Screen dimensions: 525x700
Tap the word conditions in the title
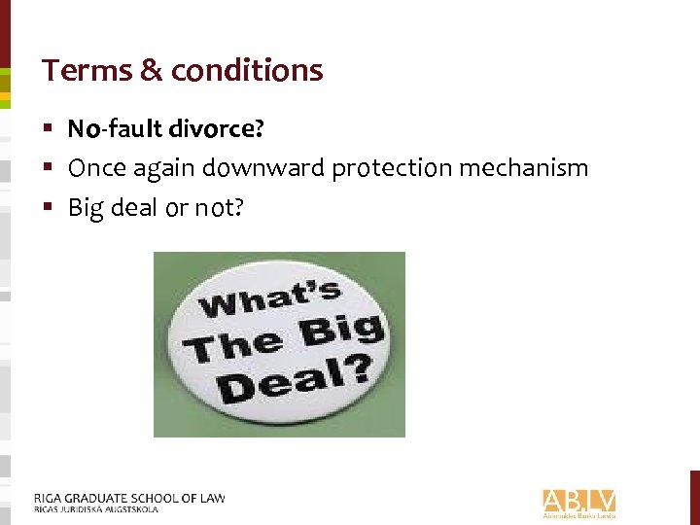[x=246, y=70]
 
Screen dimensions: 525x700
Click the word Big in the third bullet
[x=85, y=208]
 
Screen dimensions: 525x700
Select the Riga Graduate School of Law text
[x=128, y=498]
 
